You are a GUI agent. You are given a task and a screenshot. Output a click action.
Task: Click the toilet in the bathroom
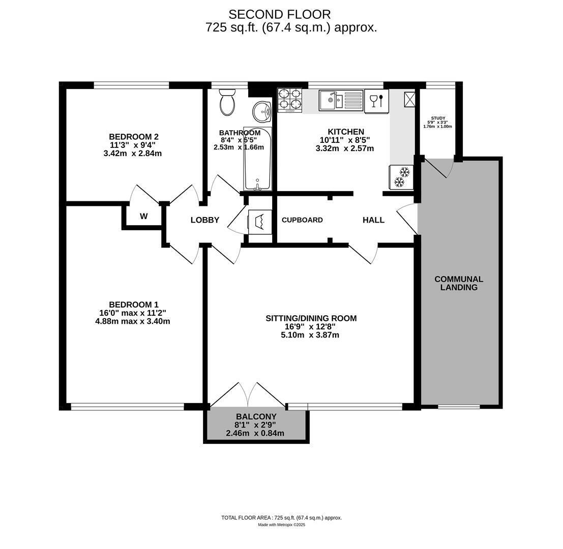click(x=227, y=102)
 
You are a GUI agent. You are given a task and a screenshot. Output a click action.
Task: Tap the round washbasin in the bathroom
click(x=262, y=112)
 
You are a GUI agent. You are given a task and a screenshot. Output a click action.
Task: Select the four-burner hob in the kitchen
click(x=290, y=100)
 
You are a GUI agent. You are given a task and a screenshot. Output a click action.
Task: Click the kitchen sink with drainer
click(x=341, y=100)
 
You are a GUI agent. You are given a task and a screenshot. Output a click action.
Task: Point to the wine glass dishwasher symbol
click(x=377, y=101)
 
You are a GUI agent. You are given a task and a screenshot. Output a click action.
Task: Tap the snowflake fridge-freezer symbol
click(x=401, y=177)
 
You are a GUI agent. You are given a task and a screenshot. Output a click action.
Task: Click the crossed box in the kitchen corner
click(x=410, y=100)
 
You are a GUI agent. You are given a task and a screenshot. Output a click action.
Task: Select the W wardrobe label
click(x=143, y=217)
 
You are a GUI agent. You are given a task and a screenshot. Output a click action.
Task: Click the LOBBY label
click(x=204, y=220)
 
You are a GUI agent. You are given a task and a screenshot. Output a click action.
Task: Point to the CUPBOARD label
click(x=302, y=220)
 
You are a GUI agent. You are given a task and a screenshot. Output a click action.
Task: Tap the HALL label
click(x=373, y=220)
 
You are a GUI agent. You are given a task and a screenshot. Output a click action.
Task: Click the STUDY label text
click(x=438, y=118)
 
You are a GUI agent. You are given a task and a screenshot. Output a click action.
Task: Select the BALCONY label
click(x=256, y=417)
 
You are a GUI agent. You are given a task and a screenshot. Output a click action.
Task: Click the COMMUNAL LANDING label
click(x=459, y=283)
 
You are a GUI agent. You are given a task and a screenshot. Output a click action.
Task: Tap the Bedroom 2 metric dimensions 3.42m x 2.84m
click(x=133, y=154)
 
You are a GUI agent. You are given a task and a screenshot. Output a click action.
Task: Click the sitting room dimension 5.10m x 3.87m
click(x=310, y=335)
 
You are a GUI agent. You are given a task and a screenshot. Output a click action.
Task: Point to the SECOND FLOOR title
click(x=279, y=14)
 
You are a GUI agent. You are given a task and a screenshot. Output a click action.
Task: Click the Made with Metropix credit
click(x=282, y=525)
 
